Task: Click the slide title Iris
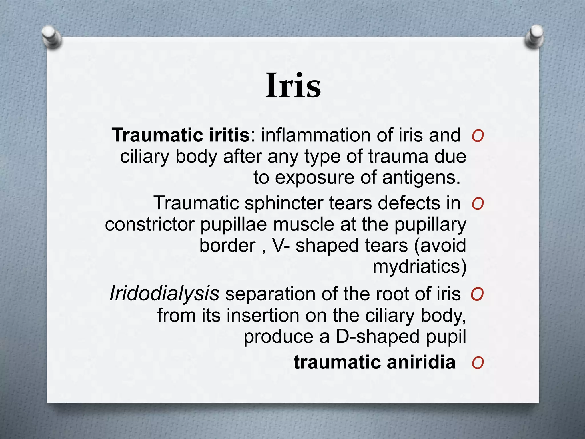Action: tap(293, 85)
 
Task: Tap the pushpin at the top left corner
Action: tap(51, 36)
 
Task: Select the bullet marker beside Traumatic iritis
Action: tap(478, 136)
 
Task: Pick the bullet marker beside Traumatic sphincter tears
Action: tap(478, 204)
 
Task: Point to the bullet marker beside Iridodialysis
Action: tap(477, 294)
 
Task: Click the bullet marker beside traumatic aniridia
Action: tap(478, 363)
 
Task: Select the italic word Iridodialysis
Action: tap(164, 294)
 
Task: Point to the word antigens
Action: tap(421, 178)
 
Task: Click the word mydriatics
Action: tap(419, 266)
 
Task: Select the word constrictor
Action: tap(150, 224)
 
